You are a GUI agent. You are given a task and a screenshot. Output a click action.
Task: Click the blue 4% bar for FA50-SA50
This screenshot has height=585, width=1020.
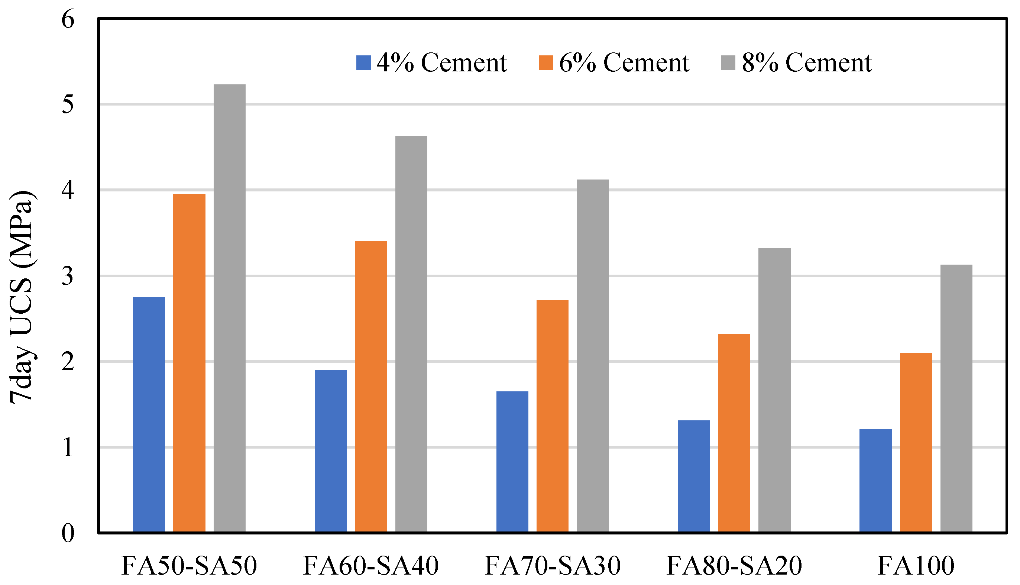point(149,415)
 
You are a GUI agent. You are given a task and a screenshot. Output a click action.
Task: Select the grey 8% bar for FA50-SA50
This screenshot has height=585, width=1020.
point(229,308)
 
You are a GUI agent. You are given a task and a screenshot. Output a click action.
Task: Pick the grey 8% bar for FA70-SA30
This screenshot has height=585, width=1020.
point(593,356)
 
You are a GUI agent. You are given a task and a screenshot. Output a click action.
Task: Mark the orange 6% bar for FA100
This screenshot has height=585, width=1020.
point(916,442)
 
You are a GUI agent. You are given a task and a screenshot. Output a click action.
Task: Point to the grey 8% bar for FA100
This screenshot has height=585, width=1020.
point(956,398)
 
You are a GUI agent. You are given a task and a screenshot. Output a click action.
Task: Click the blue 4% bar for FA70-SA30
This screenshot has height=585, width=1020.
point(512,462)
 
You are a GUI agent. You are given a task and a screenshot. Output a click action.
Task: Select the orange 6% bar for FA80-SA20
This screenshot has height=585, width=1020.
point(734,433)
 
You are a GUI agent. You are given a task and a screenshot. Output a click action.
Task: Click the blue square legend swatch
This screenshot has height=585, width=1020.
point(363,63)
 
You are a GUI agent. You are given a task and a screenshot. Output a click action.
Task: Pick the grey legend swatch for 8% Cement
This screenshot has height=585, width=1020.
point(728,63)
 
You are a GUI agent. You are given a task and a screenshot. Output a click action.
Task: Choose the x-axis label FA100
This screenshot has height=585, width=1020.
point(916,566)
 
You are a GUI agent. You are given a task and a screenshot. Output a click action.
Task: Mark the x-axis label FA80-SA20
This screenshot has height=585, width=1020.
point(734,566)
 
